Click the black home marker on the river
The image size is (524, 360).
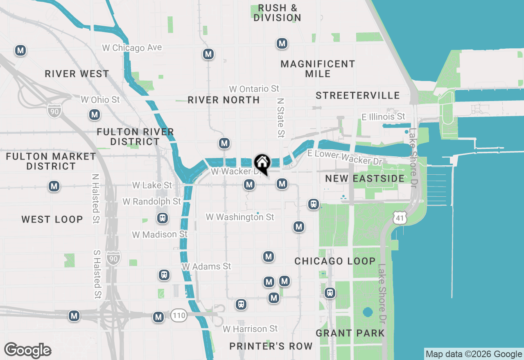(x=262, y=163)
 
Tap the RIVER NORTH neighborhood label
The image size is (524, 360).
(x=224, y=100)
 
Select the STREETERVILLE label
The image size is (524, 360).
(x=357, y=95)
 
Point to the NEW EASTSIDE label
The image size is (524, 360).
(x=365, y=178)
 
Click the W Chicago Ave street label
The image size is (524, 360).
(x=132, y=48)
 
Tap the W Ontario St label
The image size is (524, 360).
(x=254, y=89)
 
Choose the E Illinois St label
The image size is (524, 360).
(x=384, y=117)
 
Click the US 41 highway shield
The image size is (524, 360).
(x=400, y=218)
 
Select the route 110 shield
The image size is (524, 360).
(x=179, y=315)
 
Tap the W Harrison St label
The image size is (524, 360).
(x=250, y=329)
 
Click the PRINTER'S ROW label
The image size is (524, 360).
(x=271, y=346)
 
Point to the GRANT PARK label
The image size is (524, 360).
(x=350, y=333)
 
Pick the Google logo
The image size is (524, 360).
(x=27, y=350)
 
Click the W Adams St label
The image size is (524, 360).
(x=207, y=266)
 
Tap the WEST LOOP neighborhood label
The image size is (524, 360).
(x=52, y=219)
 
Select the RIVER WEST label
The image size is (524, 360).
(x=77, y=74)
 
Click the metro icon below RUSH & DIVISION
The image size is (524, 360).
(x=282, y=43)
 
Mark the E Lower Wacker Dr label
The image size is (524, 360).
(x=345, y=157)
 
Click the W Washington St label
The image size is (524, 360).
(x=240, y=217)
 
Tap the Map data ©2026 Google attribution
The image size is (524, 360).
(x=474, y=354)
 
